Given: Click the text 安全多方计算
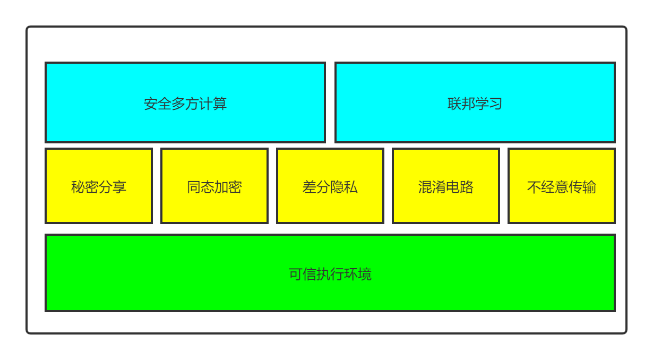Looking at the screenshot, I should (185, 104).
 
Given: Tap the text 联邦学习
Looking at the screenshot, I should (475, 104).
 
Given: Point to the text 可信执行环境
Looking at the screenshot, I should (330, 274).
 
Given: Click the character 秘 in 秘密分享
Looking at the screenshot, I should (78, 187).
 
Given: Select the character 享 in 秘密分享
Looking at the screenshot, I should (119, 187).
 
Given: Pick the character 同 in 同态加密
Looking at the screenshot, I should (194, 187).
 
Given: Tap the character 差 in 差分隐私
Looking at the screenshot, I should (310, 187).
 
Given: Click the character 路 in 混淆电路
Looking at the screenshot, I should (467, 187).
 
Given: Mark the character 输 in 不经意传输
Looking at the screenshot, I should (589, 187).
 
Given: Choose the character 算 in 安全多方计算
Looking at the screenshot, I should (220, 104).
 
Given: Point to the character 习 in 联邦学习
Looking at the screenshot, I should (496, 104).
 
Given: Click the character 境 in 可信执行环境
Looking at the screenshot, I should (365, 274).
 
